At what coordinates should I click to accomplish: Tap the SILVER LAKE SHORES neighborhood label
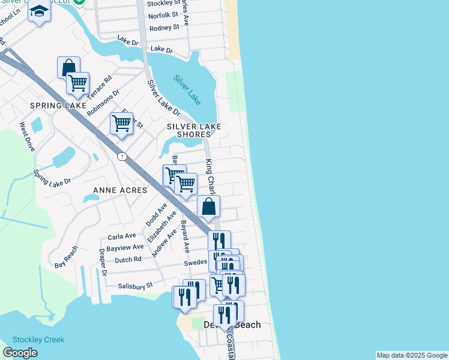coord(194,130)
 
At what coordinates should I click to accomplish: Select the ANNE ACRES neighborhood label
coord(120,190)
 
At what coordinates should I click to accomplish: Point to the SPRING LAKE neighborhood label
coord(54,106)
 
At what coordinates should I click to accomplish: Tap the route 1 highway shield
coord(122,157)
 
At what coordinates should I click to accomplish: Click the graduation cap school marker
coord(40,11)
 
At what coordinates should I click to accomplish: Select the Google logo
coord(20,353)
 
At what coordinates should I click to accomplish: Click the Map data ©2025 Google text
coord(412,355)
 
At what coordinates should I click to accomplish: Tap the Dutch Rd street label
coord(128,260)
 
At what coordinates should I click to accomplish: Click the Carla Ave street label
coord(122,236)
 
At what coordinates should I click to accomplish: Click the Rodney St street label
coord(164,28)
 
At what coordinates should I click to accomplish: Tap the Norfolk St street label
coord(163,16)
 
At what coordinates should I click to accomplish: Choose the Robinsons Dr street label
coord(103,103)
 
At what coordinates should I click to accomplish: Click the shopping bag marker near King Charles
coord(209,206)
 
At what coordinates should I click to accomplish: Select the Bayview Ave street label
coord(125,247)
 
